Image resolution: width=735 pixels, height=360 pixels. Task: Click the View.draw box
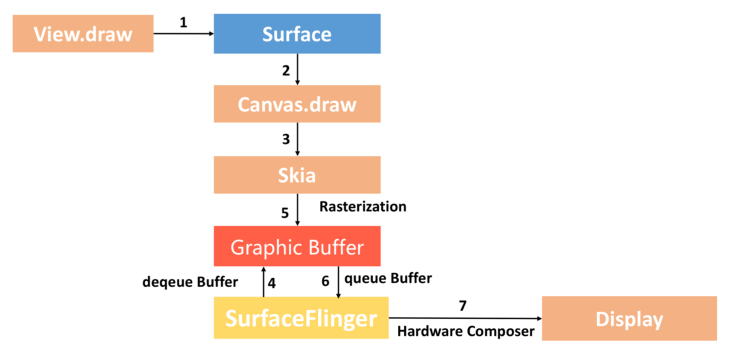(83, 34)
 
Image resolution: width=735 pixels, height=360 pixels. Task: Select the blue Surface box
(297, 34)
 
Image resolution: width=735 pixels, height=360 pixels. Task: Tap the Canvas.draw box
(297, 104)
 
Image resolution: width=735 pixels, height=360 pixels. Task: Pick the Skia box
(297, 175)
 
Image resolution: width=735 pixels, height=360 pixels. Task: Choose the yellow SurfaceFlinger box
(301, 318)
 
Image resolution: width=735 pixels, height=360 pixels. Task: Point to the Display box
(629, 318)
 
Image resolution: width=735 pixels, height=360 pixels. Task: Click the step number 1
(183, 23)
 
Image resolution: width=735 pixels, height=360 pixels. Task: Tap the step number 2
(285, 71)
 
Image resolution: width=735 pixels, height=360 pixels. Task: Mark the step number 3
(285, 140)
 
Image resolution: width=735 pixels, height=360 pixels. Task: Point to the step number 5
(285, 213)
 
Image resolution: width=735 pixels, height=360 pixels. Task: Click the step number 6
(325, 281)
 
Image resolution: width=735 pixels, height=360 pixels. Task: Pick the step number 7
(463, 305)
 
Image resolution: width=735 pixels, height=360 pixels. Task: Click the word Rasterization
(363, 207)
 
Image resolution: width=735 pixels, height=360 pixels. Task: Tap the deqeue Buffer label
(190, 282)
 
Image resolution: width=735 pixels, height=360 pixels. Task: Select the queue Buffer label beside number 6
(388, 278)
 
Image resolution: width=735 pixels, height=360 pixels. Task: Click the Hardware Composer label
(466, 331)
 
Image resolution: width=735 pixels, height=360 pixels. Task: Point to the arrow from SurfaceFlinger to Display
(465, 318)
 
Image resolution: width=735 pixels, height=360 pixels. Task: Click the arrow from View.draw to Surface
(183, 34)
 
